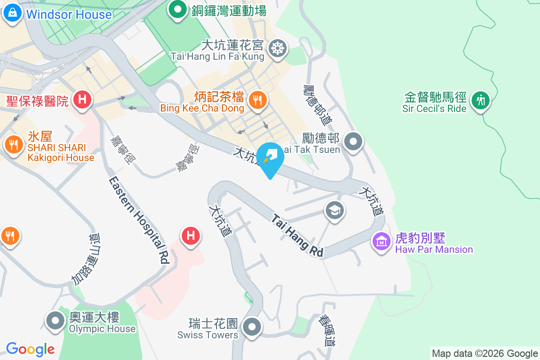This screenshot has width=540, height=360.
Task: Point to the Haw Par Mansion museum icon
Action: point(382,241)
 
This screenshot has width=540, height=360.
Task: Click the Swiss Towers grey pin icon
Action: point(252,326)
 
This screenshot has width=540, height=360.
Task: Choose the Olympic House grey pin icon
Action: point(56,321)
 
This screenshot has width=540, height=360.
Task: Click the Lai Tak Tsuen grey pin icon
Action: point(353,142)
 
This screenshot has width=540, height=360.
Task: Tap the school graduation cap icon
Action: point(335,210)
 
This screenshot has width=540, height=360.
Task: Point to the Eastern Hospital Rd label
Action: point(139,220)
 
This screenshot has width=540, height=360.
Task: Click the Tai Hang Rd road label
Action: point(297,235)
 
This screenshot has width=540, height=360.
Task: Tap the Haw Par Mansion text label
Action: point(434,249)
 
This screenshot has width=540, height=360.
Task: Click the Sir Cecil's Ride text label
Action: point(434,108)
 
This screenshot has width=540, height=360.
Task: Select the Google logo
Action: point(30,349)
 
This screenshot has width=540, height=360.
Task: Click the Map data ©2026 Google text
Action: point(485,354)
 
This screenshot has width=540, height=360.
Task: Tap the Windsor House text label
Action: point(68,14)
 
